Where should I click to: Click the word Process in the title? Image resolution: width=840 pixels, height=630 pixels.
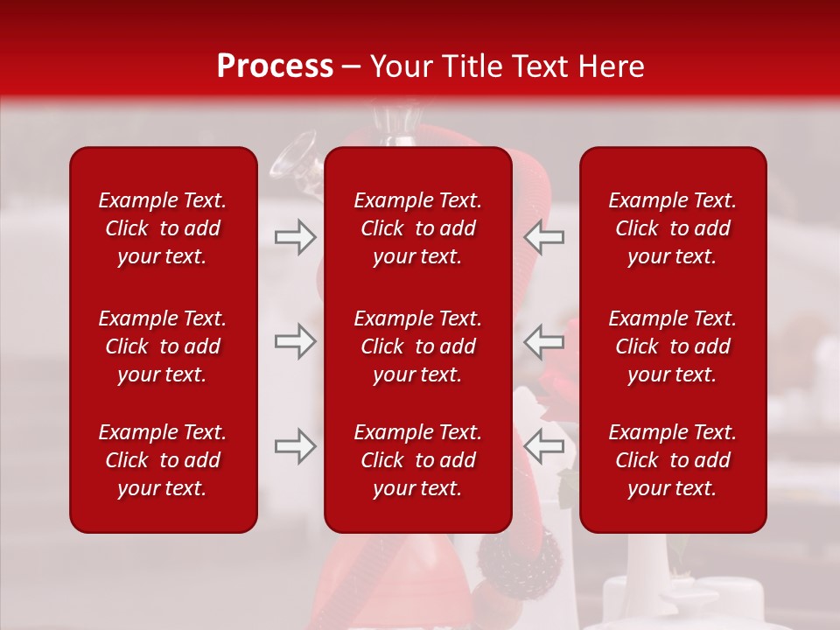pyautogui.click(x=275, y=66)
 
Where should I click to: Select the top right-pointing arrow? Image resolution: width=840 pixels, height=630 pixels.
pyautogui.click(x=295, y=237)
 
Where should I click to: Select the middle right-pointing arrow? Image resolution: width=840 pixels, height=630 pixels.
pyautogui.click(x=295, y=341)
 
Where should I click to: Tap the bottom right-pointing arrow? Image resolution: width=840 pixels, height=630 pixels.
pyautogui.click(x=295, y=446)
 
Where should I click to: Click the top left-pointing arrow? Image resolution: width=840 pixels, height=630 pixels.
pyautogui.click(x=543, y=237)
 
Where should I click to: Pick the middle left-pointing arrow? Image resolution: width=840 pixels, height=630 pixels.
pyautogui.click(x=543, y=341)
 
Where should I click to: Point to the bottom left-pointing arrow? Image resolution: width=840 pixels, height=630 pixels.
pyautogui.click(x=543, y=446)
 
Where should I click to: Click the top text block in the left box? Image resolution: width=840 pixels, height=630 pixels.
pyautogui.click(x=163, y=228)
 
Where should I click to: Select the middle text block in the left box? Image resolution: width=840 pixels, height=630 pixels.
pyautogui.click(x=163, y=346)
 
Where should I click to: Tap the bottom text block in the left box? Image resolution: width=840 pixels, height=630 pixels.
pyautogui.click(x=163, y=460)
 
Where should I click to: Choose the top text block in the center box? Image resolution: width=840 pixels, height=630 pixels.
pyautogui.click(x=417, y=228)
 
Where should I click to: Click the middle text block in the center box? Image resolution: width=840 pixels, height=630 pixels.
pyautogui.click(x=417, y=346)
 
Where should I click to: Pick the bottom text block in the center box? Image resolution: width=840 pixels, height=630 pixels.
pyautogui.click(x=417, y=460)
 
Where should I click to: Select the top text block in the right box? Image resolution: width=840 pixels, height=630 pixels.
pyautogui.click(x=672, y=228)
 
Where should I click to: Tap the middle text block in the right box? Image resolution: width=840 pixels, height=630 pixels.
pyautogui.click(x=672, y=346)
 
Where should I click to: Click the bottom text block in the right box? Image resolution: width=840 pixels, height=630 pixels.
pyautogui.click(x=672, y=460)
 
